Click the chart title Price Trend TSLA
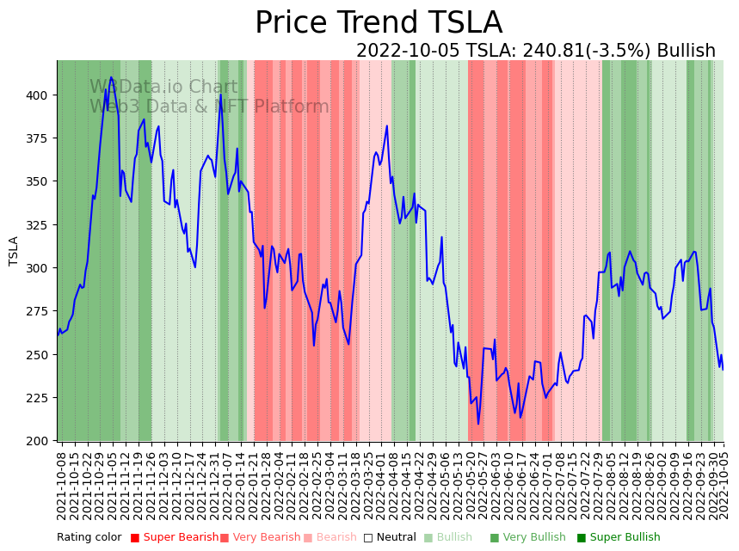click(x=379, y=23)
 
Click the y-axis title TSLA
click(x=14, y=250)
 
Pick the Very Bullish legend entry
click(x=528, y=537)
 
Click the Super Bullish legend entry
click(x=619, y=537)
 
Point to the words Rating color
click(x=89, y=537)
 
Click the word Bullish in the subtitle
click(x=686, y=51)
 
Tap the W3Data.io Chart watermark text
click(x=163, y=87)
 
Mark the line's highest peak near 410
click(x=111, y=78)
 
